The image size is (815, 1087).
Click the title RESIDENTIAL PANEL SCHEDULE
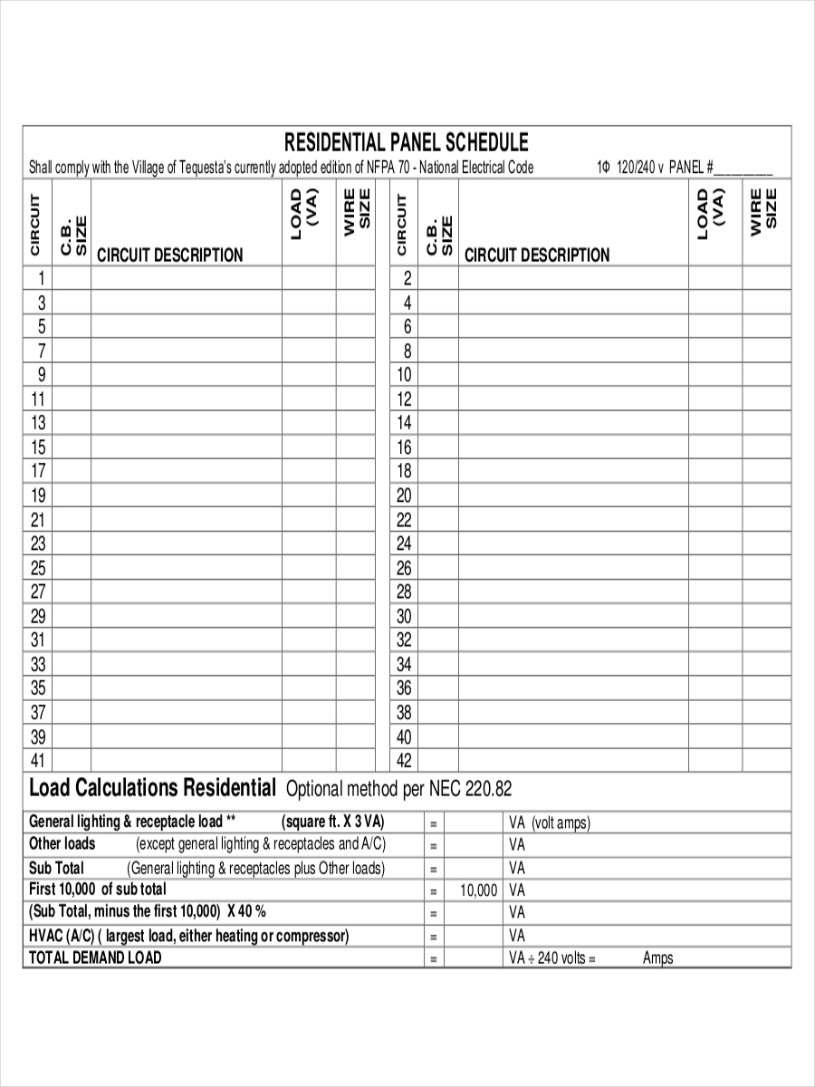coord(406,143)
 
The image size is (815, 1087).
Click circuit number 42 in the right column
coord(404,760)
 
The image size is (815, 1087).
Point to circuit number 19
coord(38,495)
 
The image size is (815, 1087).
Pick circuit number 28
coord(404,592)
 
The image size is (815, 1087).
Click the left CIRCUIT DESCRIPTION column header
coord(169,255)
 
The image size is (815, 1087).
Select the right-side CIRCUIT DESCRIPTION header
coord(537,255)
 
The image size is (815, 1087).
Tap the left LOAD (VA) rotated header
coord(304,216)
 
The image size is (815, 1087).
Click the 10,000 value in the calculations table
coord(478,890)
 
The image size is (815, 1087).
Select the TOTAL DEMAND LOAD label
coord(95,957)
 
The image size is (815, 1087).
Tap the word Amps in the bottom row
coord(657,958)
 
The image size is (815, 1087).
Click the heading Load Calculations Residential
coord(152,787)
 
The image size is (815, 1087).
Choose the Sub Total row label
coord(56,868)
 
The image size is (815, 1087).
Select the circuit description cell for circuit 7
coord(186,351)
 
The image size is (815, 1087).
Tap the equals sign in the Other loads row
coord(434,845)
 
